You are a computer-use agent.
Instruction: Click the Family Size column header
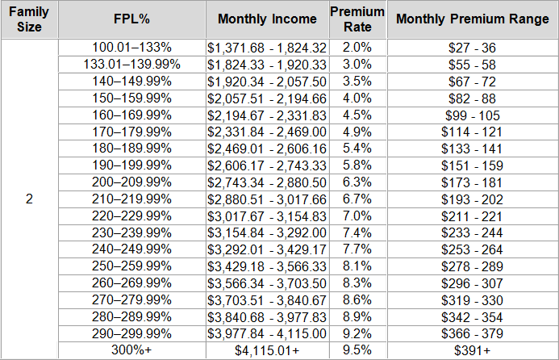(x=29, y=19)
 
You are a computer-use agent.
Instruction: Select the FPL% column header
(x=132, y=19)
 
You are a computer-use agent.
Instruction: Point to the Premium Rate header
(x=357, y=19)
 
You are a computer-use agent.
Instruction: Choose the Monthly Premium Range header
(x=472, y=19)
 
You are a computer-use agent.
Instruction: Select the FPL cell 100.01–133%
(x=132, y=48)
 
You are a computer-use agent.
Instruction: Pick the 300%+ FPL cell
(x=132, y=350)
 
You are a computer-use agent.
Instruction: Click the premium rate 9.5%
(x=357, y=350)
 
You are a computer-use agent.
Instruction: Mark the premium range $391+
(x=472, y=350)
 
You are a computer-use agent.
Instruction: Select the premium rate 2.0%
(x=357, y=48)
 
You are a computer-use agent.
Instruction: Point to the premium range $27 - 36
(x=472, y=48)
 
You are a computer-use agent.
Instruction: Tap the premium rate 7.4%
(x=357, y=232)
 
